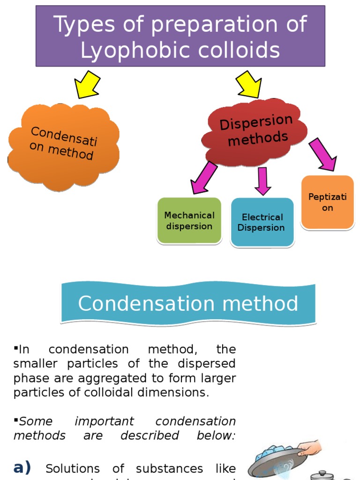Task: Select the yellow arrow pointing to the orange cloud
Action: (88, 85)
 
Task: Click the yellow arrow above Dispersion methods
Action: (249, 85)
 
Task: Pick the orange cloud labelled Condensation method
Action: (64, 145)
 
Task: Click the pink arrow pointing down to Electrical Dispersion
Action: (262, 181)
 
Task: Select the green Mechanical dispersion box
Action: (189, 221)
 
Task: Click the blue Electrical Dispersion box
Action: (262, 223)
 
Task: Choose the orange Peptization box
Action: (327, 202)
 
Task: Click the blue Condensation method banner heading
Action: (188, 303)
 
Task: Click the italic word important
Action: (104, 421)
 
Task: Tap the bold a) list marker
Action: (22, 467)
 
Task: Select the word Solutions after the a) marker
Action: (73, 469)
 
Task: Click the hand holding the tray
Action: (309, 449)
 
